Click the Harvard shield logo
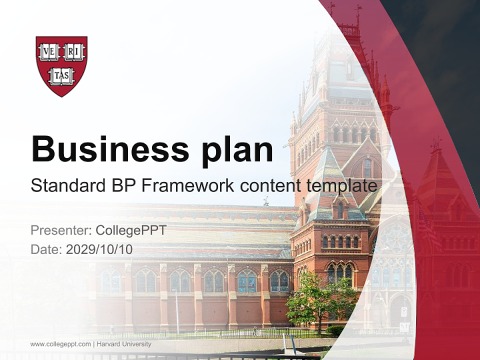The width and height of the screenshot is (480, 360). pos(61,65)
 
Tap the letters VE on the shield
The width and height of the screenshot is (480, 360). pos(49,51)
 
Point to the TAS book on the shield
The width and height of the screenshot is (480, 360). pos(61,76)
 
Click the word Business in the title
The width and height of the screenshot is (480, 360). pos(109,148)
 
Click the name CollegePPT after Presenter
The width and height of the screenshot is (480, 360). pos(130,230)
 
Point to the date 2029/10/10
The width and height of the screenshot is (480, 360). pos(99,249)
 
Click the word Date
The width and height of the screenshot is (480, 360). pos(45,249)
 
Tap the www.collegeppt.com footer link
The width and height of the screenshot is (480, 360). pos(60,344)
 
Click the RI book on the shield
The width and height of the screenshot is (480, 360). pos(74,51)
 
